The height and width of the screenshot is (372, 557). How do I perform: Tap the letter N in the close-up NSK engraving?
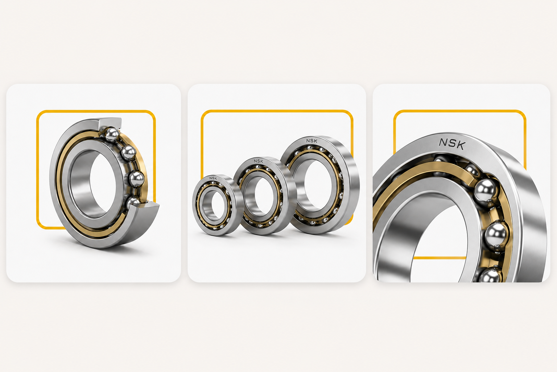click(443, 142)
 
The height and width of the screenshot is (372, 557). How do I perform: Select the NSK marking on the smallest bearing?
click(213, 178)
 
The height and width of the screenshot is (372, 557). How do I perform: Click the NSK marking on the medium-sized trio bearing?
click(258, 161)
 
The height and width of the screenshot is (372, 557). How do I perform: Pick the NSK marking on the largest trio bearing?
click(311, 141)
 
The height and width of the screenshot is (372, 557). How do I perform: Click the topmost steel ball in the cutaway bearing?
click(112, 134)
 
